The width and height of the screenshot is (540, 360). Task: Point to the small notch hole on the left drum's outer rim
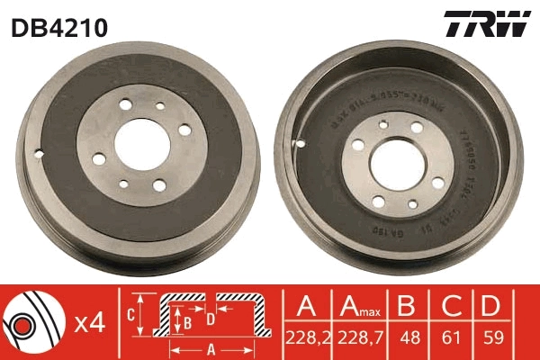tap(38, 149)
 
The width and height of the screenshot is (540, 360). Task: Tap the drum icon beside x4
tap(32, 322)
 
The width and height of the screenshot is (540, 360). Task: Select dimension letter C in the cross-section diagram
tap(130, 314)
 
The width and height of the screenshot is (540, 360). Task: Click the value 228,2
tap(306, 340)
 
